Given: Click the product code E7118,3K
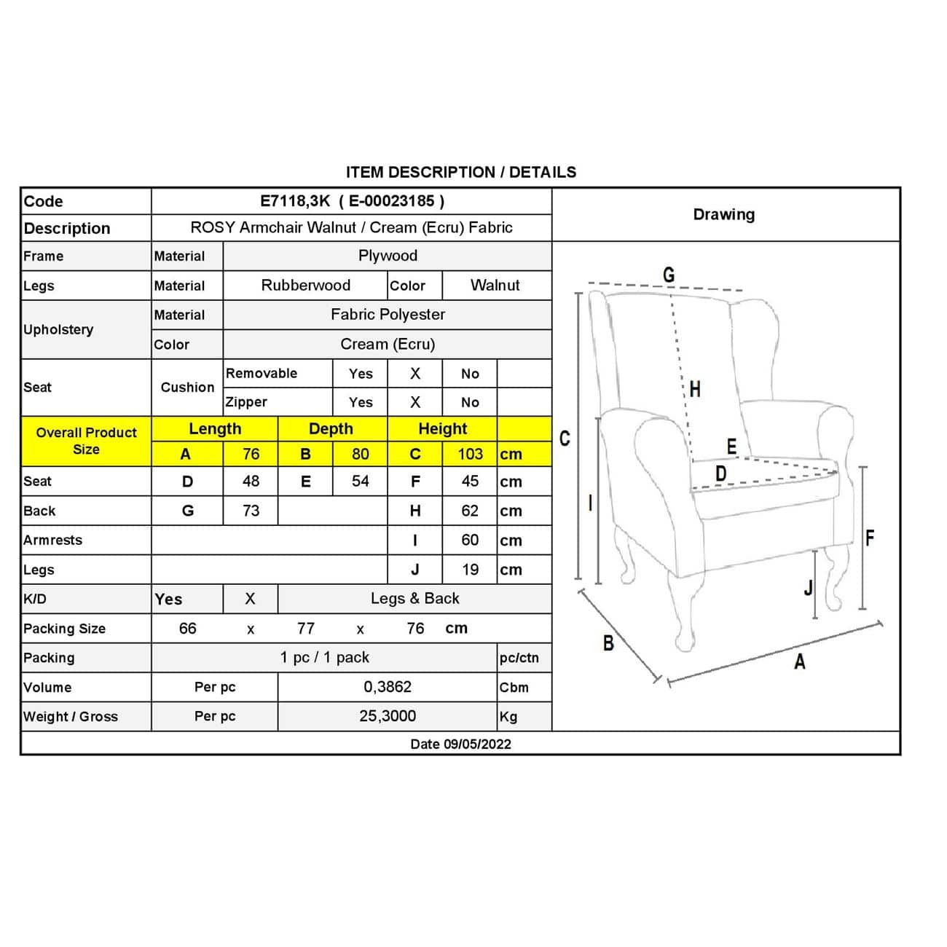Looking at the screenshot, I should tap(295, 201).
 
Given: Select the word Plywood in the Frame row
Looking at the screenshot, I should tap(388, 256).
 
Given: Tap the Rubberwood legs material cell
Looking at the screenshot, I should tap(305, 285).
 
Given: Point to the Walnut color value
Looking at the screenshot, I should tap(495, 285).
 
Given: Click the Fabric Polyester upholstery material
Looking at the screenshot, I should tap(388, 314).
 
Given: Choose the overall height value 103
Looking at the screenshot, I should tap(470, 454).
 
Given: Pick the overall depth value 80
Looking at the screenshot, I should tap(360, 454).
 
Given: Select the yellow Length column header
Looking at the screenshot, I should tap(214, 428).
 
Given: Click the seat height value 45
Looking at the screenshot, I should tap(470, 481).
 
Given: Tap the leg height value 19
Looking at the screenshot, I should tap(470, 570).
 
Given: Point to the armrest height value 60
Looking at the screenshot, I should tap(470, 540).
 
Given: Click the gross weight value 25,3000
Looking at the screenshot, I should tap(388, 716).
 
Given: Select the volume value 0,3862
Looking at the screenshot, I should tap(388, 687).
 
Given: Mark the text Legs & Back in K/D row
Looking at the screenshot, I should tap(414, 598).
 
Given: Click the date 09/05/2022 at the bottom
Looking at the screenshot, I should tap(477, 744).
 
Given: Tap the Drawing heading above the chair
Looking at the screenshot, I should tap(723, 214).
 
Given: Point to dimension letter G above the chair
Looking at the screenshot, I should tap(669, 275).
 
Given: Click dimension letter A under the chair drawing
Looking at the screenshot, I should tap(800, 661).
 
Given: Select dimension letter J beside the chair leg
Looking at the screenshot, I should tap(808, 587).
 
